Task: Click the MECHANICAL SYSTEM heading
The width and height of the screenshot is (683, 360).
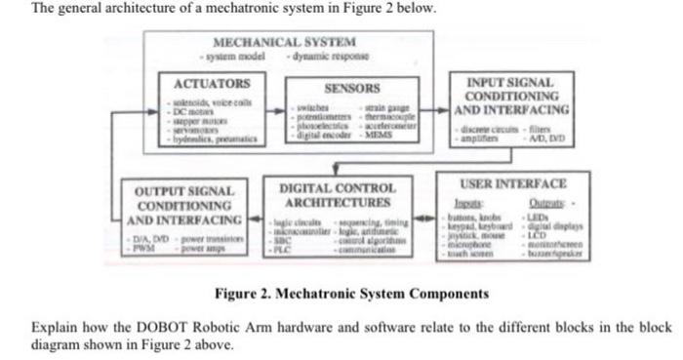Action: (x=284, y=43)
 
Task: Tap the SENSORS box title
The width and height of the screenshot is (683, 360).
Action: (x=351, y=89)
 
